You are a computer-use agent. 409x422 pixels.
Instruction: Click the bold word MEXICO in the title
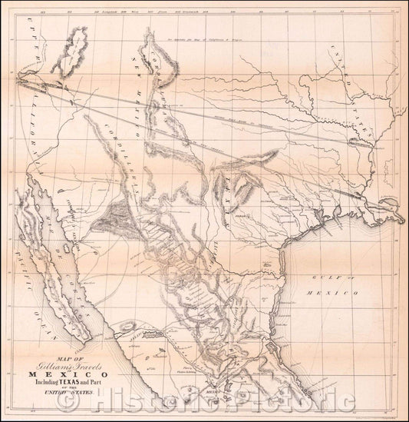69,375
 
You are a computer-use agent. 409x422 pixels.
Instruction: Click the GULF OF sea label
338,277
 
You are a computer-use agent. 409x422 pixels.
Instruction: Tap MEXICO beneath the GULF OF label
338,294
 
